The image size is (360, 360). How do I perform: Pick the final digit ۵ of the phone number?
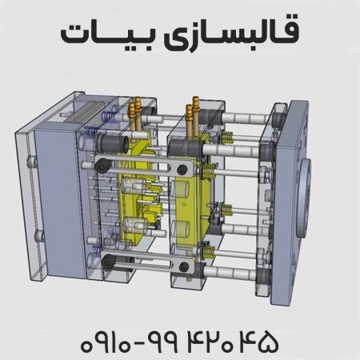[267, 342]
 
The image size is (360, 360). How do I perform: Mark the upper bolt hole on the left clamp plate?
[33, 163]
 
